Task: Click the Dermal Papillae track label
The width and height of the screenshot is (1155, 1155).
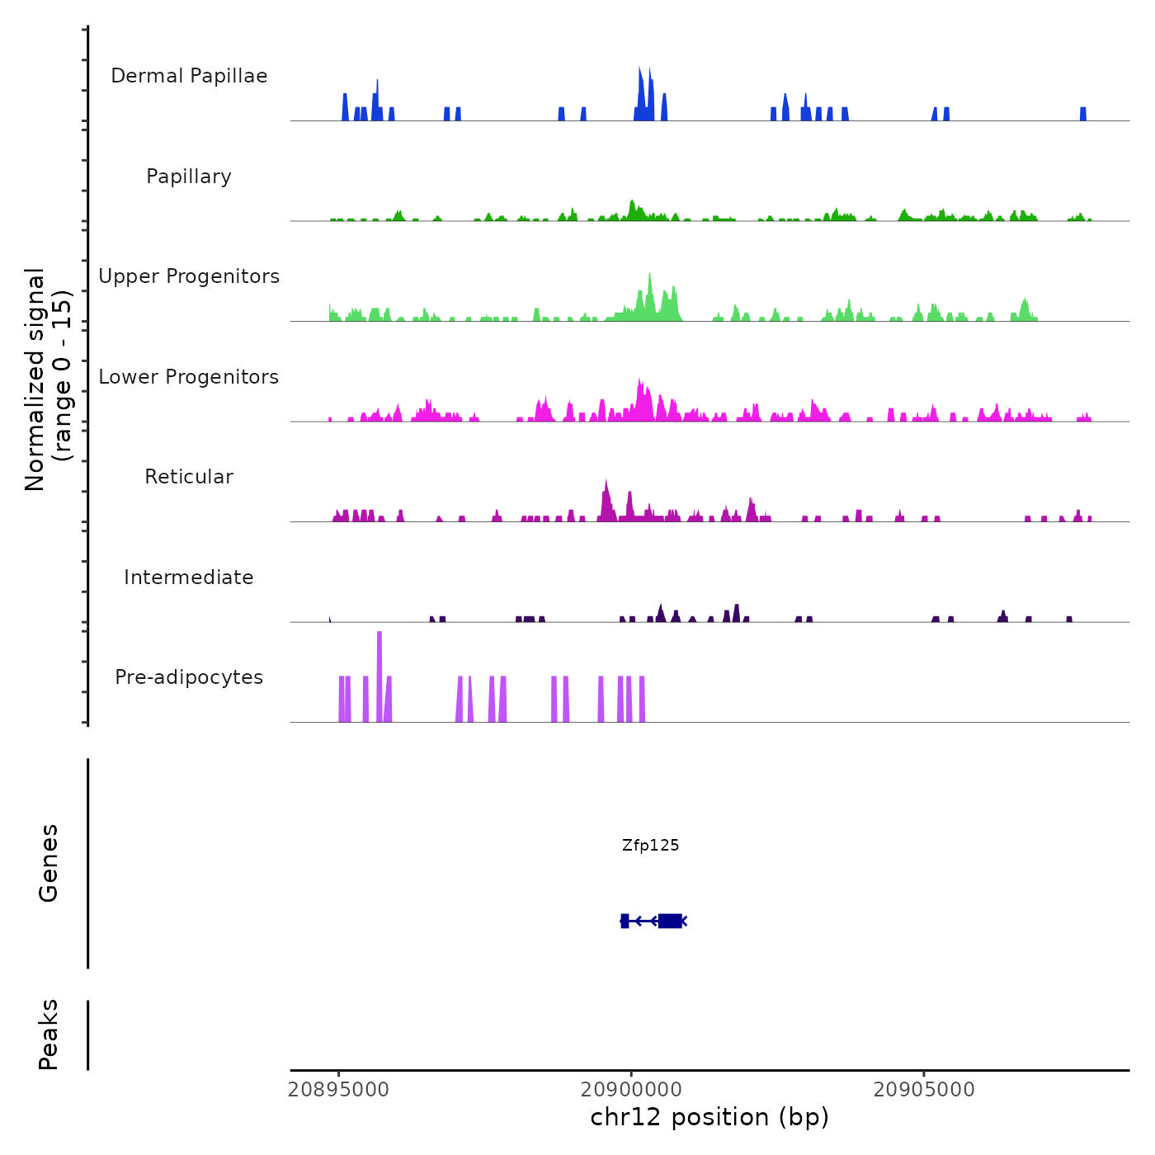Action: [x=189, y=76]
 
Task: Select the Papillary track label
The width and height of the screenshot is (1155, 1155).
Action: [x=189, y=177]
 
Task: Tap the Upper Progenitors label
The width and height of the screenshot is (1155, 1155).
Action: [x=189, y=276]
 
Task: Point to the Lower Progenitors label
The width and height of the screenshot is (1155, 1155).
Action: [x=189, y=377]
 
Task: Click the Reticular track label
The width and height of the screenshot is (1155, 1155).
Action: [x=189, y=477]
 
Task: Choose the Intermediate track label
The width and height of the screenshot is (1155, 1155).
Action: [x=189, y=577]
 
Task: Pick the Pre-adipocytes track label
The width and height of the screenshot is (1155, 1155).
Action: [x=189, y=677]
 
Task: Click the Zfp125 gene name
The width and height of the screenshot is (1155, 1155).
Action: [x=651, y=845]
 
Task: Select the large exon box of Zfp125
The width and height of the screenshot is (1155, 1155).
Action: [x=670, y=921]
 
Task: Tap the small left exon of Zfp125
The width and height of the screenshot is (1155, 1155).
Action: [x=625, y=921]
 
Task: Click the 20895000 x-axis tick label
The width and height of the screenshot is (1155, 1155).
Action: [x=338, y=1090]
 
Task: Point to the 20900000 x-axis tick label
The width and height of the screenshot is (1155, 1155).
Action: [x=631, y=1090]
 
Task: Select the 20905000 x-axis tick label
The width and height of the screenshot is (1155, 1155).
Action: [x=924, y=1090]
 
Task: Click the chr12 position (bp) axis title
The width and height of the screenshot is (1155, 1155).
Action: [x=709, y=1117]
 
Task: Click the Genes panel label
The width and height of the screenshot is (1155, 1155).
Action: [x=49, y=863]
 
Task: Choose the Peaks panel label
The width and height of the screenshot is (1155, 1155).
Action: [x=49, y=1035]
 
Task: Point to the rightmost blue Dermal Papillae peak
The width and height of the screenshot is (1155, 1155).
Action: [x=1083, y=114]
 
